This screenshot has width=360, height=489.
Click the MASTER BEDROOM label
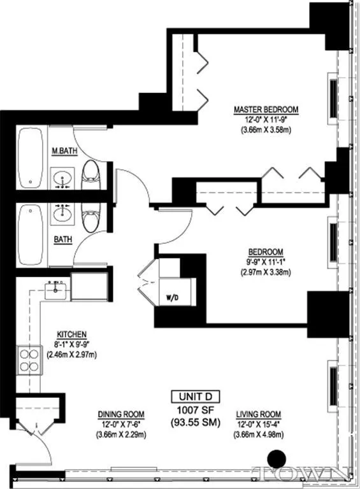point(266,110)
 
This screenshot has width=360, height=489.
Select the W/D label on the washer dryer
point(172,296)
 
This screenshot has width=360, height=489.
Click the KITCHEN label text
point(71,334)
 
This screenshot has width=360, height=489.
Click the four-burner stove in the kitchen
point(28,360)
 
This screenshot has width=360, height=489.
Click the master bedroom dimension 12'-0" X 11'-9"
point(266,120)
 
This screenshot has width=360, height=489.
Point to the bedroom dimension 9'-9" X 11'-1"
point(266,262)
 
